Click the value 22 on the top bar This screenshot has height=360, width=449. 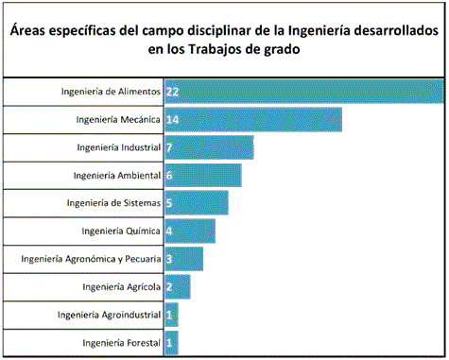coord(172,92)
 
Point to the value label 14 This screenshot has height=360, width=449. coord(172,120)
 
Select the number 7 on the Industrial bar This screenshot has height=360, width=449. coord(169,148)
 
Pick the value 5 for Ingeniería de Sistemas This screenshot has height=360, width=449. coord(169,203)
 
